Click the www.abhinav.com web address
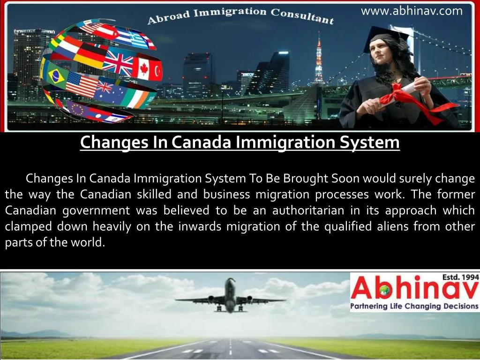click(411, 11)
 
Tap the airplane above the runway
click(230, 296)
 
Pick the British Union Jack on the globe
click(118, 61)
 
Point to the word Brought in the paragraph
click(305, 179)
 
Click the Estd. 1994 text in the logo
click(460, 277)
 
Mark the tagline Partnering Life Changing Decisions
click(414, 306)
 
